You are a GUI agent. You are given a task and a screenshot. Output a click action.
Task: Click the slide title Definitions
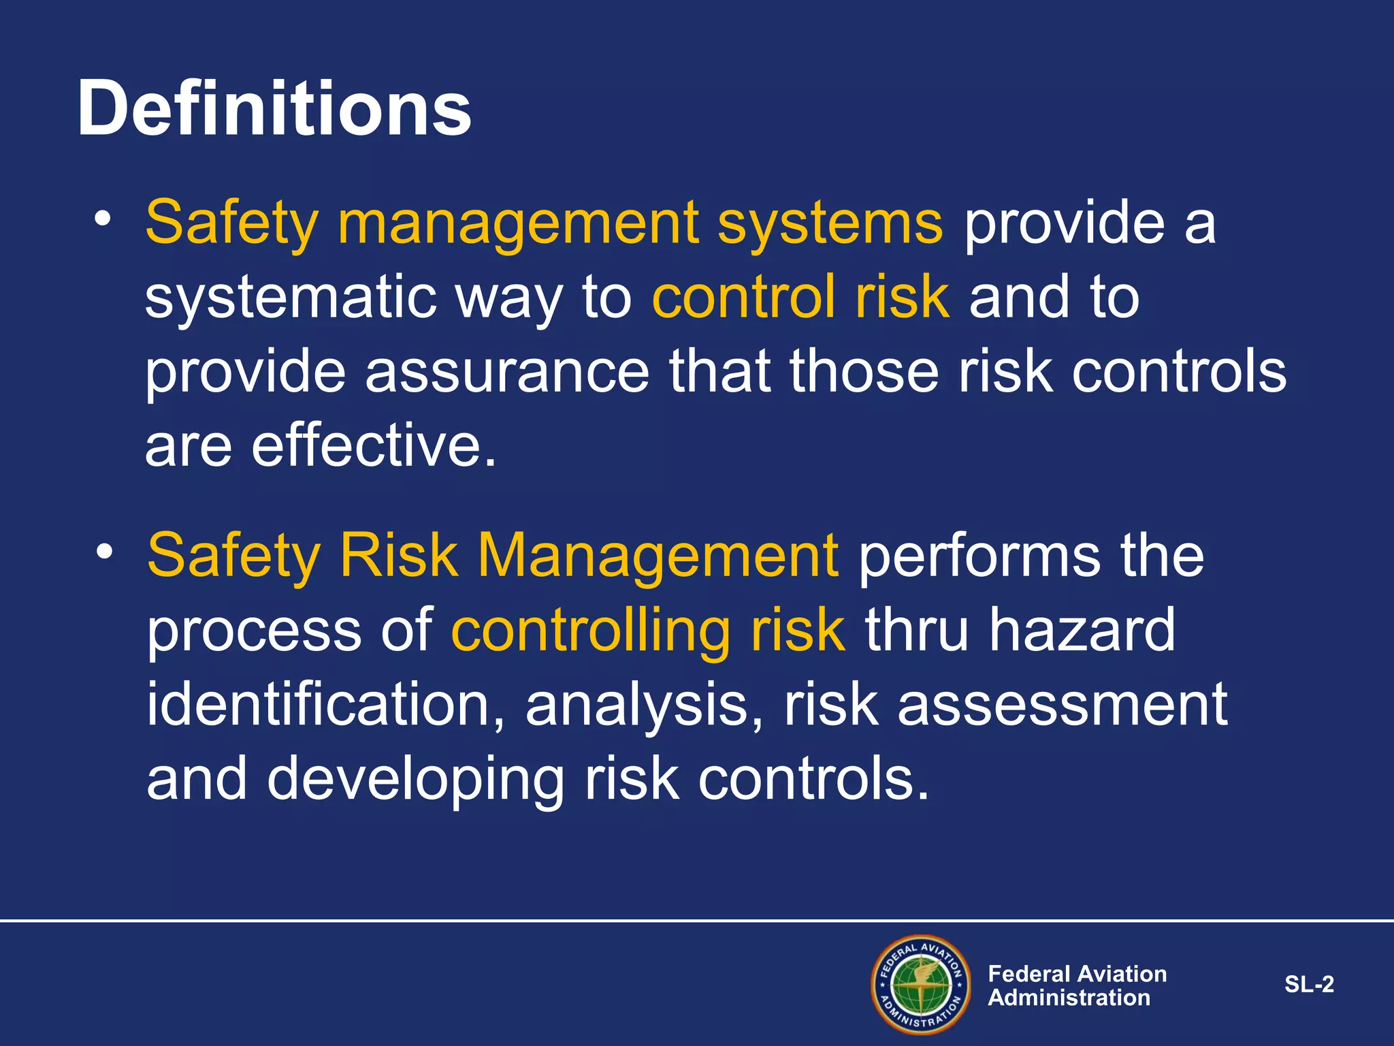(274, 109)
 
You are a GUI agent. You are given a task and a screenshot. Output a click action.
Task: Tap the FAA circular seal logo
(921, 985)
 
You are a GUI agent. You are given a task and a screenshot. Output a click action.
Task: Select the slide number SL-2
(1309, 984)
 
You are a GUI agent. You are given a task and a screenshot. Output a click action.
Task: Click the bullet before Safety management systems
(103, 219)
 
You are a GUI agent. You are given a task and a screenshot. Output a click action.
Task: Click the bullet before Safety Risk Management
(103, 552)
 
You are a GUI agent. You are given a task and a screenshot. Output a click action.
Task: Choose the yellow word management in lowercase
(518, 225)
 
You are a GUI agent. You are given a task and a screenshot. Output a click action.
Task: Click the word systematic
(291, 298)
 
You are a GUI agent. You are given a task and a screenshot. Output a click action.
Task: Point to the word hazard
(1082, 630)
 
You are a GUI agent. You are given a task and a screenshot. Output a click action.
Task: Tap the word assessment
(1063, 706)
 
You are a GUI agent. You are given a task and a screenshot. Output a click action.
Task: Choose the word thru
(916, 630)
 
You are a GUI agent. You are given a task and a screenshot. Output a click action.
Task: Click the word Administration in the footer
(1069, 998)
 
